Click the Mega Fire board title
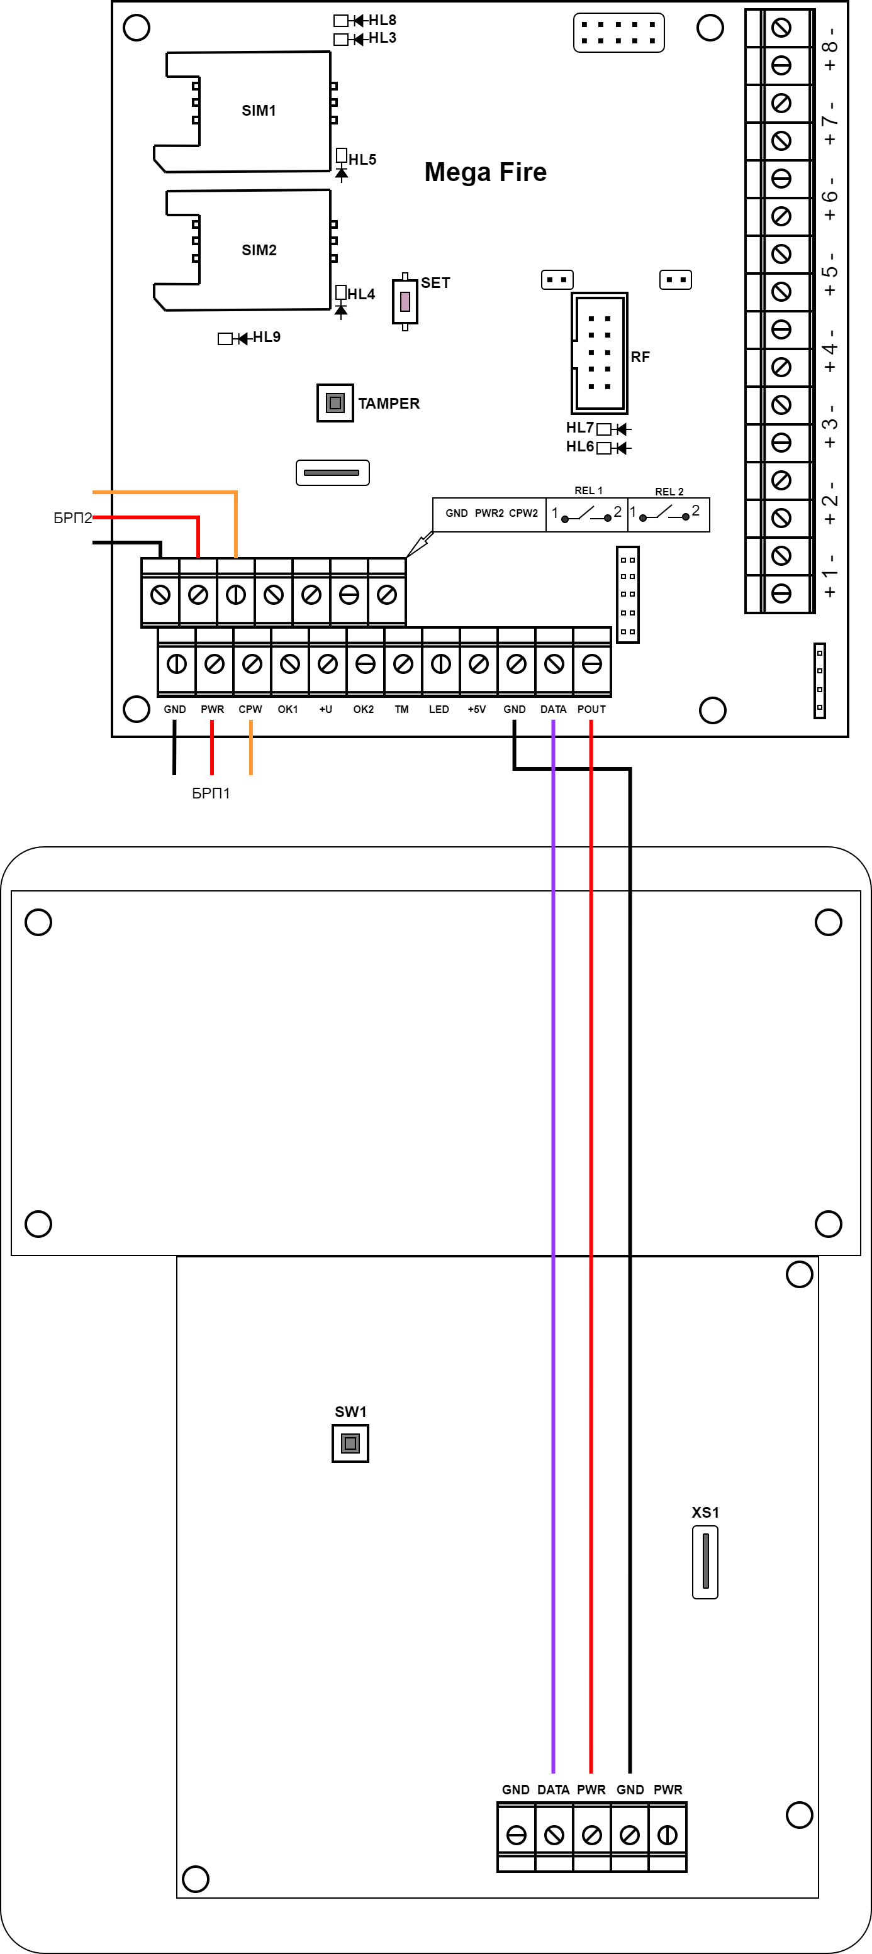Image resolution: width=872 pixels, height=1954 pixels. pyautogui.click(x=486, y=172)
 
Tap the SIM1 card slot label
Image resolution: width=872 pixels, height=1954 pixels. pyautogui.click(x=259, y=111)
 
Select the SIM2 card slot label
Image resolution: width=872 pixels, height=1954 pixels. pyautogui.click(x=259, y=250)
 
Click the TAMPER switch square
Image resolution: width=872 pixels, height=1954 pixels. pyautogui.click(x=335, y=403)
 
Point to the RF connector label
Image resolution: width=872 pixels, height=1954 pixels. pyautogui.click(x=640, y=357)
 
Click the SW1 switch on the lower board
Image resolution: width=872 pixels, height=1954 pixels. pyautogui.click(x=350, y=1443)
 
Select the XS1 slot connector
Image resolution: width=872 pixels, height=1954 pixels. pyautogui.click(x=705, y=1562)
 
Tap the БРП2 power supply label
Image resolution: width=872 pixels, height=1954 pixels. pyautogui.click(x=72, y=518)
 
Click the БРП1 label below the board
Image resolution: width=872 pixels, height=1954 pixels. pyautogui.click(x=211, y=793)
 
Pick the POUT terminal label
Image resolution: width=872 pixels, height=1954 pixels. pyautogui.click(x=591, y=709)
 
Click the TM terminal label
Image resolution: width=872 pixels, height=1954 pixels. pyautogui.click(x=401, y=709)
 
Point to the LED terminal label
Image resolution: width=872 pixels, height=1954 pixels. pyautogui.click(x=439, y=709)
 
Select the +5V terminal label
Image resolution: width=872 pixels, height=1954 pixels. pyautogui.click(x=477, y=709)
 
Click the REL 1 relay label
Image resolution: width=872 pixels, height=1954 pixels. pyautogui.click(x=588, y=491)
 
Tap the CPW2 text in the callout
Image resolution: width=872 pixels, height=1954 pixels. pyautogui.click(x=523, y=514)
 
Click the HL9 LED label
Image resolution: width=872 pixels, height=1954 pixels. pyautogui.click(x=266, y=337)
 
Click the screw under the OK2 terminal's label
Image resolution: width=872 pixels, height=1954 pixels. pyautogui.click(x=365, y=665)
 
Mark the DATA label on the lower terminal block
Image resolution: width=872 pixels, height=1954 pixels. pyautogui.click(x=553, y=1789)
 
